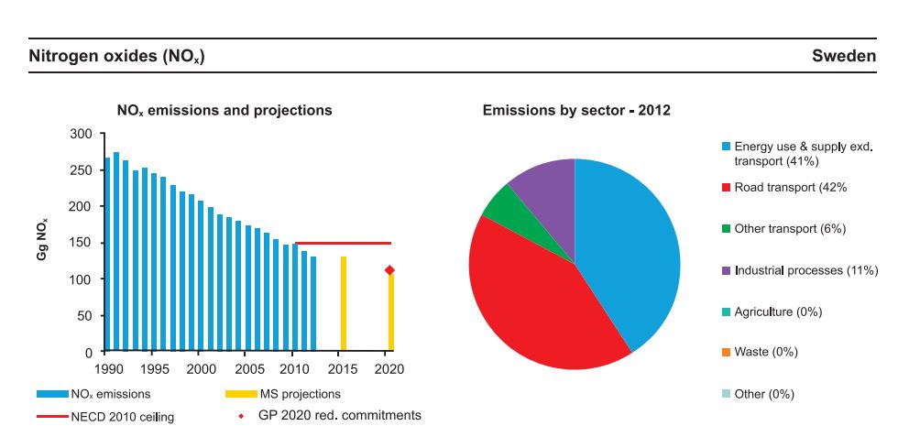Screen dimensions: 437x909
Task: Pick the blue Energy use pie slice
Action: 632,247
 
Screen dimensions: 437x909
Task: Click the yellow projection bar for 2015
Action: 344,303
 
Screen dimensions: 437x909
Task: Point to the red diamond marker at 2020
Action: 389,270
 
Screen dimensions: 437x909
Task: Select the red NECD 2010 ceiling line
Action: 343,244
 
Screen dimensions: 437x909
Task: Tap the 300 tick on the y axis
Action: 82,135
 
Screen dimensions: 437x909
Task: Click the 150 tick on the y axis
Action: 82,243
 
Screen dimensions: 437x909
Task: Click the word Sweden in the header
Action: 843,57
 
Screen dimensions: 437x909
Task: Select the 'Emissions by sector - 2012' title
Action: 576,111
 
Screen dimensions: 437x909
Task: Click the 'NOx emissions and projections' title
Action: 225,111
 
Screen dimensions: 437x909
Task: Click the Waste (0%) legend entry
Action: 766,352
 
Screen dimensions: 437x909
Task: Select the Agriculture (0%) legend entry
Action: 778,311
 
